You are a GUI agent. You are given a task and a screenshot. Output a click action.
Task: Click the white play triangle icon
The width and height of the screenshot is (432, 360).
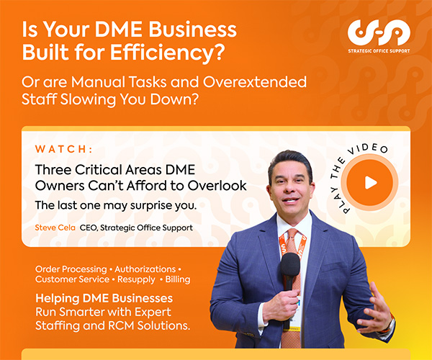click(371, 183)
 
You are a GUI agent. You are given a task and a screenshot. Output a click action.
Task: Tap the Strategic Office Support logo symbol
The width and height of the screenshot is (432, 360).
click(379, 32)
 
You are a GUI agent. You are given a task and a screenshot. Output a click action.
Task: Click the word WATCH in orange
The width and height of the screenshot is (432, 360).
click(61, 149)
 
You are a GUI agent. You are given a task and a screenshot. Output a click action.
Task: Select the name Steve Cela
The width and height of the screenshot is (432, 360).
click(55, 228)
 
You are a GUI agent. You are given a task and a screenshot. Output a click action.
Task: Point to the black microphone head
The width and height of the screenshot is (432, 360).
click(290, 264)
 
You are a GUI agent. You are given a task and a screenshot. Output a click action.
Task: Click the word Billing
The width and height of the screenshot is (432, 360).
click(178, 279)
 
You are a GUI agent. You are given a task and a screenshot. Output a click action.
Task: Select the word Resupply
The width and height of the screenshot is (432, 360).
click(136, 279)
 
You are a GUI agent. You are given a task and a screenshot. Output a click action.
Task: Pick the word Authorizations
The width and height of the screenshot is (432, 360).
click(145, 269)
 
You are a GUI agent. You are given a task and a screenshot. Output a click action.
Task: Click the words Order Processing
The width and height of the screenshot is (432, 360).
click(71, 269)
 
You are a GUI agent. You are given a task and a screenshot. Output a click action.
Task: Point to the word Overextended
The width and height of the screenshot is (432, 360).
click(255, 82)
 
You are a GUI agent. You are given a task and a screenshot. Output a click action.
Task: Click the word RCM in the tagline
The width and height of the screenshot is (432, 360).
click(121, 325)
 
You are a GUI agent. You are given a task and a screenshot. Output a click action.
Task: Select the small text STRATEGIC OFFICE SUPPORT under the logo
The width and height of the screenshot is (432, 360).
click(379, 51)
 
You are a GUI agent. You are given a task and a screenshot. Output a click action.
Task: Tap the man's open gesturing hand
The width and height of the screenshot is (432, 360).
click(377, 308)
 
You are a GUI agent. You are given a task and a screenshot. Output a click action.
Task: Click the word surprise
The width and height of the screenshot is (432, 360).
click(150, 205)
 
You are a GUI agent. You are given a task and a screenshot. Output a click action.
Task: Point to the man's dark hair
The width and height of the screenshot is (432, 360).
click(290, 161)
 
